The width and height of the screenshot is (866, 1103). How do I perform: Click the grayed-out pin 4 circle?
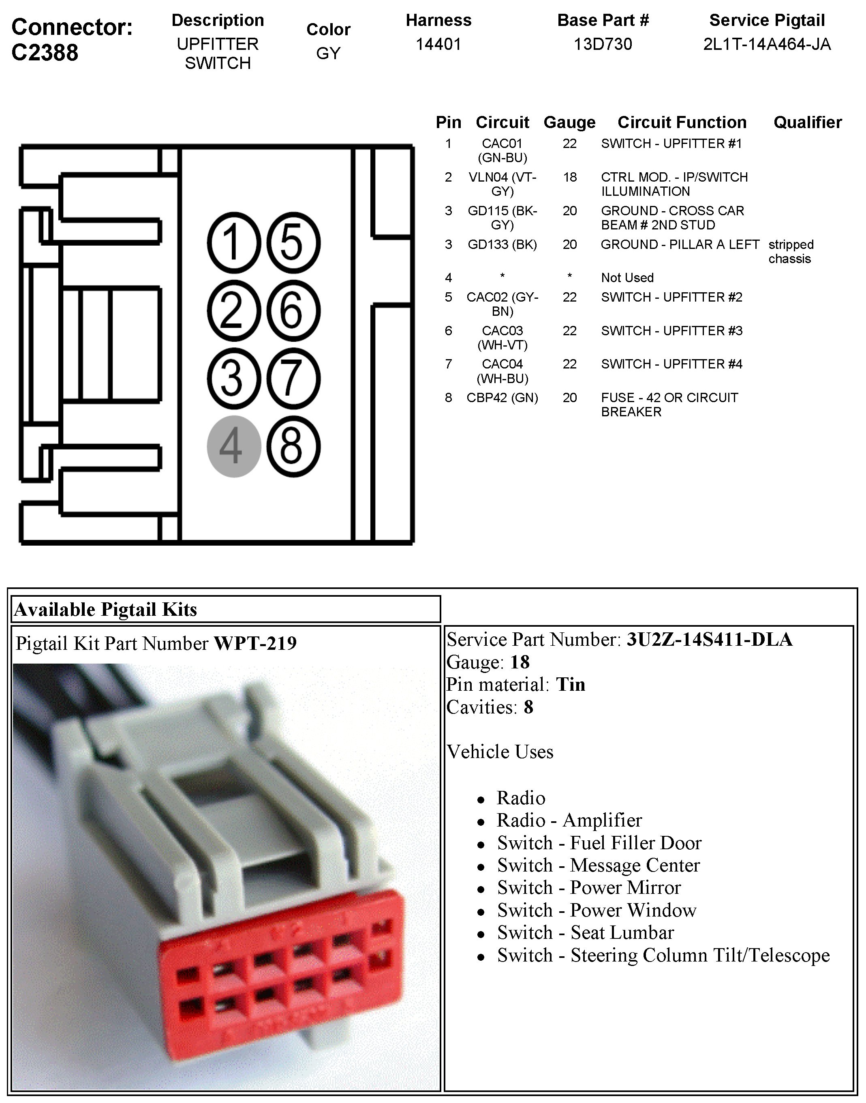tap(234, 446)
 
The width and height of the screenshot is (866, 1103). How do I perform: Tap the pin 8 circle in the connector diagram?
tap(293, 446)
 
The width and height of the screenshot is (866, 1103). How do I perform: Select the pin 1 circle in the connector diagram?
tap(234, 242)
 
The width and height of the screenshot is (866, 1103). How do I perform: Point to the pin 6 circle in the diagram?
tap(293, 311)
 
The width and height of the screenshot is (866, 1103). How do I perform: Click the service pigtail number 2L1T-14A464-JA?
tap(767, 45)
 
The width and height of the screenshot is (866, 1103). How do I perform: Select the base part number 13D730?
tap(602, 45)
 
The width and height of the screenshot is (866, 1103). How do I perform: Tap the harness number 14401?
tap(438, 45)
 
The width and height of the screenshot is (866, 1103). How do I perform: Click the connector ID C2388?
tap(45, 53)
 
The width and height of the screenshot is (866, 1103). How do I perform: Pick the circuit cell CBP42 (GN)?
tap(502, 398)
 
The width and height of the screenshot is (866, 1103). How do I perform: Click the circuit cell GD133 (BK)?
tap(502, 244)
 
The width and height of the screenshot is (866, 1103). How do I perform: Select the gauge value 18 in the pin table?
tap(569, 177)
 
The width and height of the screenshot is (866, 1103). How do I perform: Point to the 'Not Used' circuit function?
tap(627, 278)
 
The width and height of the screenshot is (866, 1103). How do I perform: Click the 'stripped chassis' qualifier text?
tap(791, 252)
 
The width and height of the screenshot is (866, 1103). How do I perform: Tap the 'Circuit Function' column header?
tap(682, 122)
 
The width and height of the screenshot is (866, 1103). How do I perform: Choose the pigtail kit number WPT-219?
tap(255, 643)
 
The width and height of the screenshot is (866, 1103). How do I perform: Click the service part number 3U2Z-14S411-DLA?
tap(709, 640)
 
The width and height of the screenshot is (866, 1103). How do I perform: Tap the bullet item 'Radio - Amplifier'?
tap(569, 820)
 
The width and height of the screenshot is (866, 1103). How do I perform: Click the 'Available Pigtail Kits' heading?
tap(105, 609)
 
